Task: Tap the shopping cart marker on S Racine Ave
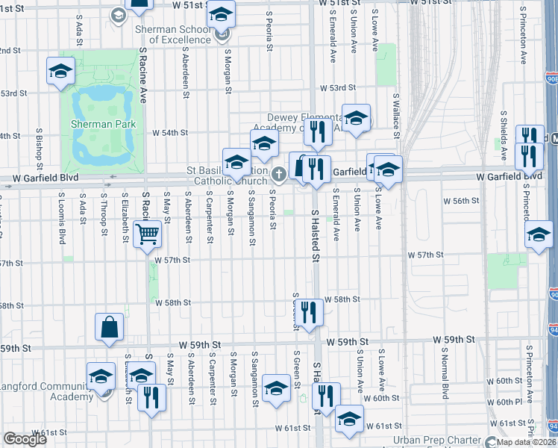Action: point(148,234)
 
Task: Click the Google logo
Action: point(25,439)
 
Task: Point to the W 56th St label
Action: point(460,201)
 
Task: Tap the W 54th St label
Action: point(169,133)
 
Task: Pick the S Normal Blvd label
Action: point(445,380)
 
